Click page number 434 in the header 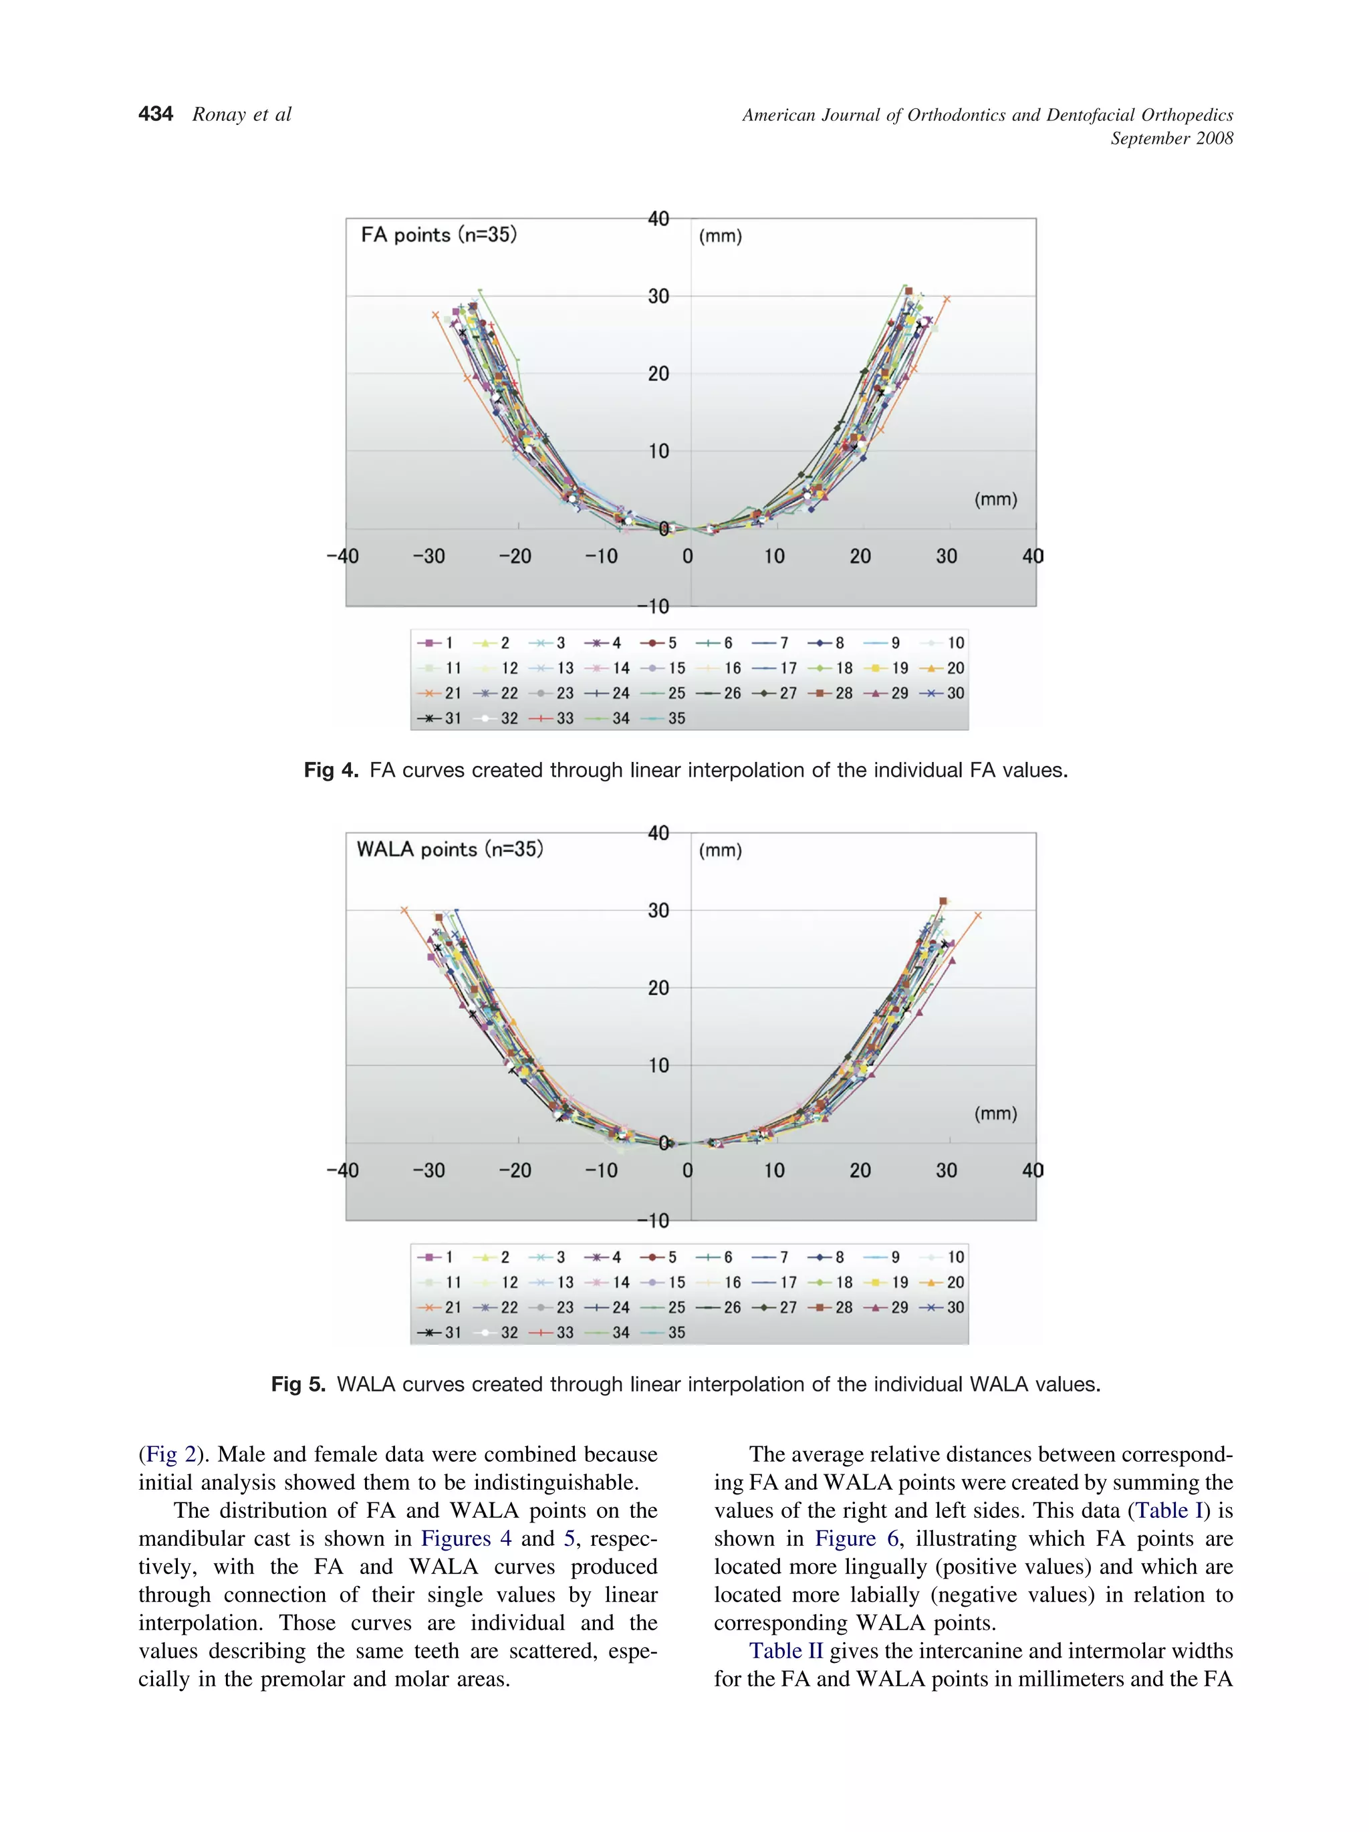pyautogui.click(x=156, y=114)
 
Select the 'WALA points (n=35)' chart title pyautogui.click(x=450, y=849)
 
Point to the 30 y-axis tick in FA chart pyautogui.click(x=658, y=297)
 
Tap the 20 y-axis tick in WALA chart pyautogui.click(x=658, y=988)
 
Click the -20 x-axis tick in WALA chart pyautogui.click(x=515, y=1170)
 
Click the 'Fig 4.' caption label pyautogui.click(x=330, y=770)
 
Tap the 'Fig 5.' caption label pyautogui.click(x=298, y=1385)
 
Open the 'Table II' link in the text pyautogui.click(x=786, y=1652)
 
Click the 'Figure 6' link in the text pyautogui.click(x=857, y=1539)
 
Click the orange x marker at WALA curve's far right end pyautogui.click(x=978, y=915)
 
